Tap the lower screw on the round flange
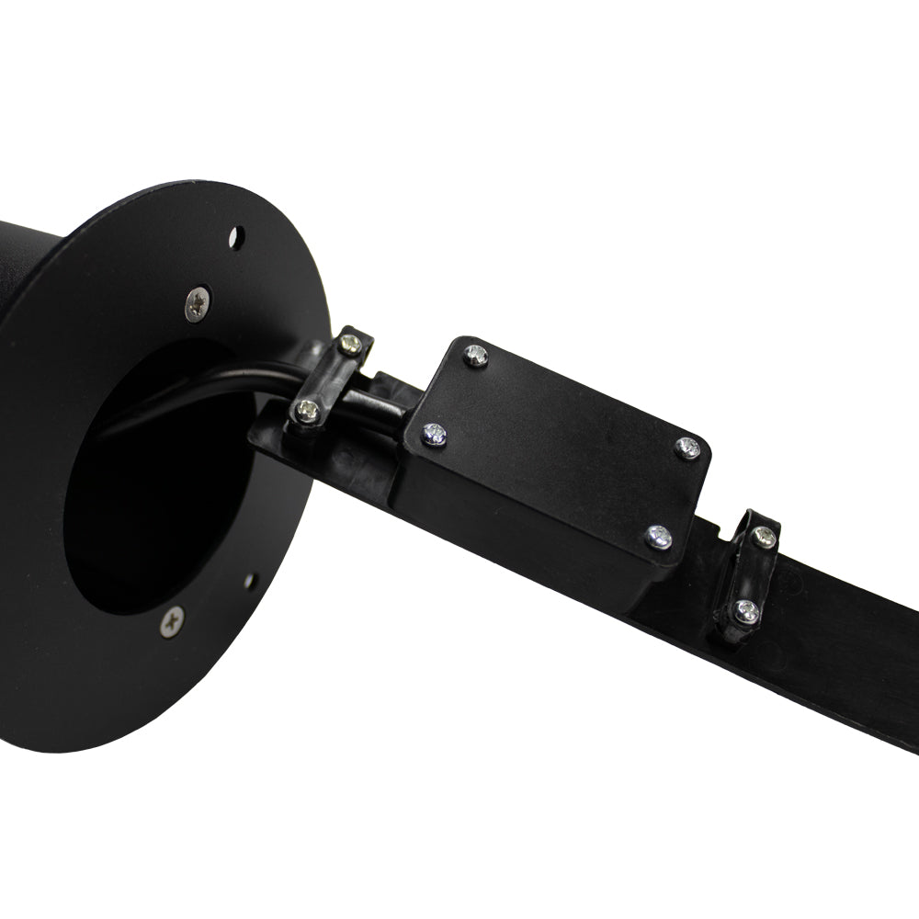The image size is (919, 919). coord(172,621)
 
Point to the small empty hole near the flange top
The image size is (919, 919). coord(236,238)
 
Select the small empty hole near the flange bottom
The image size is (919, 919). coord(249,581)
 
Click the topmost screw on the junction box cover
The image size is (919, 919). coord(475,355)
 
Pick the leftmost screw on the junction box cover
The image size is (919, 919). coord(434,434)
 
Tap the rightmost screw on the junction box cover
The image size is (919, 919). coord(687,448)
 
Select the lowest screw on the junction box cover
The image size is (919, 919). coord(658,537)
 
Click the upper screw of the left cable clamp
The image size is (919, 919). coord(349,345)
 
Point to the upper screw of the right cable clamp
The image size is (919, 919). coord(764,536)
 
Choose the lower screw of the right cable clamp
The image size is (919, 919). coord(746,610)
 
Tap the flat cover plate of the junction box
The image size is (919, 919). coord(561,441)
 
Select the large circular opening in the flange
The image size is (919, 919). coord(156,478)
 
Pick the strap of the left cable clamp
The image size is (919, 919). coord(329,377)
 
